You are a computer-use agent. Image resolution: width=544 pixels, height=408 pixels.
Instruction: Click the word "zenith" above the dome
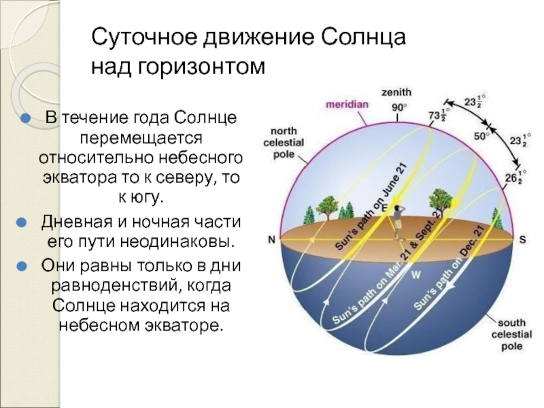[x=396, y=92]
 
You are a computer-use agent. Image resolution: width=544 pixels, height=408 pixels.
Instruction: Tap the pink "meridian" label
[x=347, y=104]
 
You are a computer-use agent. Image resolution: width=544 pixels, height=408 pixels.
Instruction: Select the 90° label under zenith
[x=399, y=107]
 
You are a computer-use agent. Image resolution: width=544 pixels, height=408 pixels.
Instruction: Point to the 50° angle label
[x=482, y=136]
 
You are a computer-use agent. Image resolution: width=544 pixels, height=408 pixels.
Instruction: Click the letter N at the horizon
[x=271, y=239]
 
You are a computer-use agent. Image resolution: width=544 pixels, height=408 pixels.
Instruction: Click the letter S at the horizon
[x=522, y=239]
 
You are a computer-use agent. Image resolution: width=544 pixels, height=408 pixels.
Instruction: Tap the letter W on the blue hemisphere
[x=415, y=275]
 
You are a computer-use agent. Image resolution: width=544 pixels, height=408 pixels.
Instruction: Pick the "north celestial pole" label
[x=284, y=143]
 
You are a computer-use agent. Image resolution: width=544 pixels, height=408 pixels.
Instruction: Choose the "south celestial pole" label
[x=511, y=335]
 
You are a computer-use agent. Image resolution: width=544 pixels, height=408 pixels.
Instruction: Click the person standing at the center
[x=398, y=222]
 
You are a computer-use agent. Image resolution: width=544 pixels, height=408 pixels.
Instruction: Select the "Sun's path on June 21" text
[x=371, y=207]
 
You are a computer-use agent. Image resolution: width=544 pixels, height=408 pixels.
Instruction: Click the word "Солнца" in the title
[x=363, y=37]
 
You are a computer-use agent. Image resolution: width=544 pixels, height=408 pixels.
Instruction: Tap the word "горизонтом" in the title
[x=201, y=66]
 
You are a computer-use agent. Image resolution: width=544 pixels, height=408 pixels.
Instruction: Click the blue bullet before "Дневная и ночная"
[x=22, y=222]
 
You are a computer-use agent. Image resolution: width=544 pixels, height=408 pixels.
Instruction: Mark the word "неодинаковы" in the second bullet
[x=175, y=241]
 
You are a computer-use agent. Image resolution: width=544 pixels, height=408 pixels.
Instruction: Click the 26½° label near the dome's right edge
[x=515, y=177]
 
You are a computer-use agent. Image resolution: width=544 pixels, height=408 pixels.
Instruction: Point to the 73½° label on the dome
[x=439, y=114]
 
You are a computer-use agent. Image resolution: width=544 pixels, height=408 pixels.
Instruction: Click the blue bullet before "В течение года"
[x=26, y=118]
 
